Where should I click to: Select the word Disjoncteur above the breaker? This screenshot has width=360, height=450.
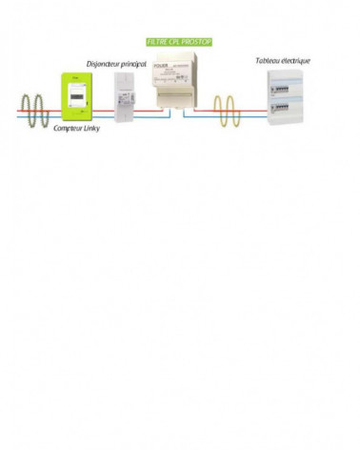coord(106,65)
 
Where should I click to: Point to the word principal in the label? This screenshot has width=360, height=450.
coord(140,65)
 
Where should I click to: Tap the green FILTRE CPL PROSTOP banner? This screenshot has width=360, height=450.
coord(179,43)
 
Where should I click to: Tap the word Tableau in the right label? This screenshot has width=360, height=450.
coord(269,61)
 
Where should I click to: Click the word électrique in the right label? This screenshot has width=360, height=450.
coord(296,61)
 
